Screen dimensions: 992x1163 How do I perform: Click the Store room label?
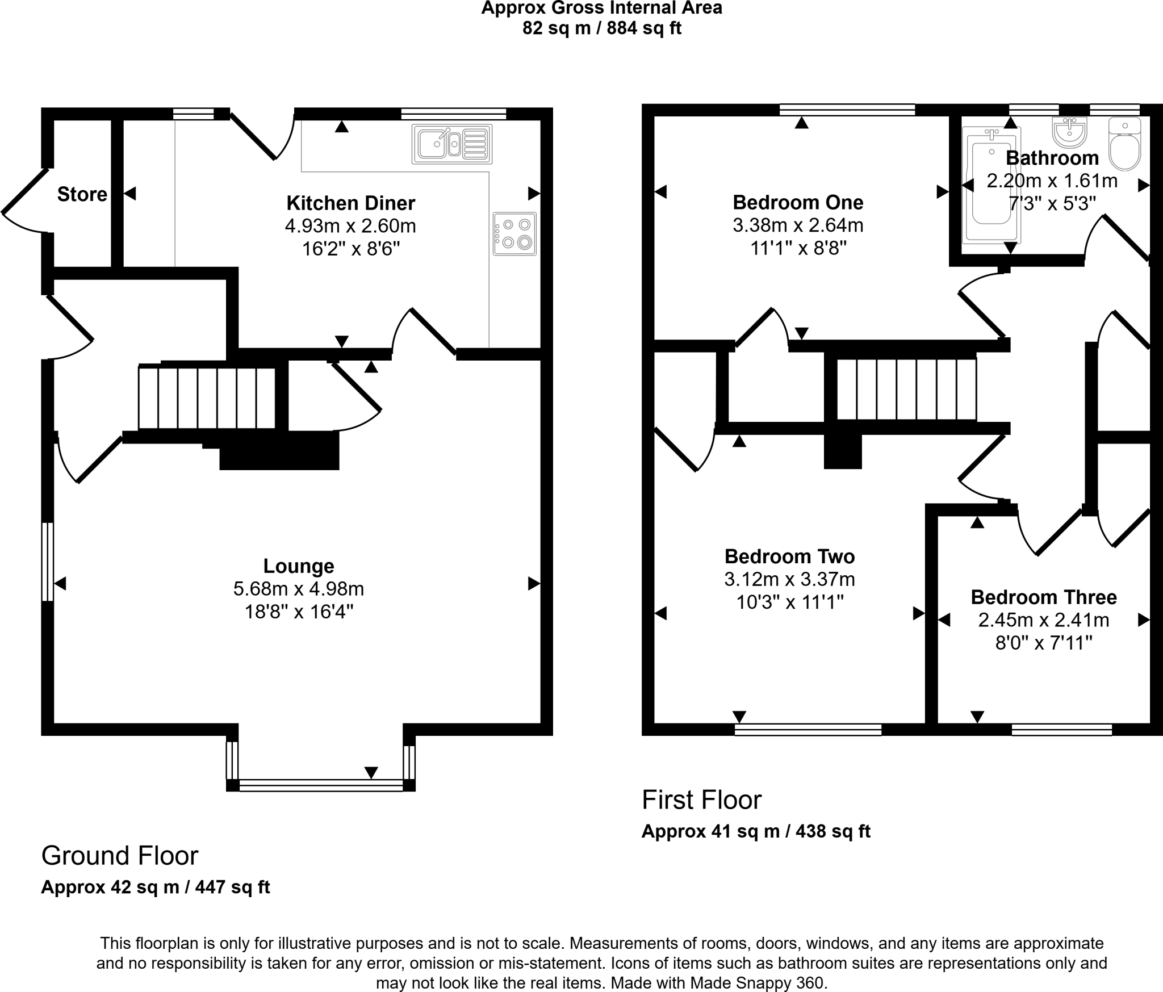[82, 194]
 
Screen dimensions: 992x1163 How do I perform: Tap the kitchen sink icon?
[453, 144]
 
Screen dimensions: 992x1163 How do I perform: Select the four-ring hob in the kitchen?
[514, 233]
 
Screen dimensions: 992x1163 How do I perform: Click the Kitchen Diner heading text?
[350, 203]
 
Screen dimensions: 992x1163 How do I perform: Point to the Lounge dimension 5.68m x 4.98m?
[299, 589]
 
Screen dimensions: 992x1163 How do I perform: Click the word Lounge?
[299, 566]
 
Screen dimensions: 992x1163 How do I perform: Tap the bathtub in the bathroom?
[991, 185]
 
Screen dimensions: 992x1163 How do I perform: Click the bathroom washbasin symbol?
[1069, 132]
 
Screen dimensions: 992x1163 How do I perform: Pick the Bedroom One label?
[798, 202]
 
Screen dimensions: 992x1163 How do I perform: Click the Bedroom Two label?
[789, 556]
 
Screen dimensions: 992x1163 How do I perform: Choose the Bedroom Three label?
[1044, 597]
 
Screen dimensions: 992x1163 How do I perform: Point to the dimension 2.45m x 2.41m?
[1044, 620]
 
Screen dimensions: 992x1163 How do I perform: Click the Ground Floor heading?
[120, 855]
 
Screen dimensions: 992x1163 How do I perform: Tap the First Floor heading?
[701, 800]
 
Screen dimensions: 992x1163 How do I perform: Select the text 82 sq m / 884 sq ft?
[602, 28]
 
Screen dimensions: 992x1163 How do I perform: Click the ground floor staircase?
[207, 397]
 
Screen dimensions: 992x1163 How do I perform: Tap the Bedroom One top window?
[847, 110]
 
